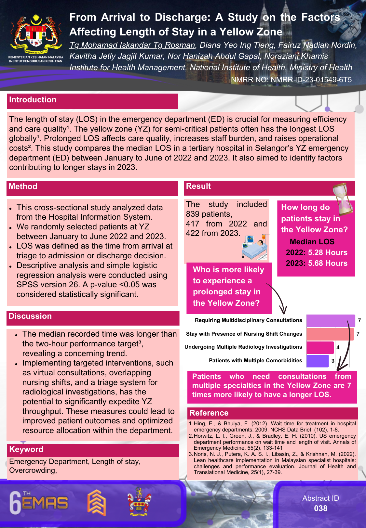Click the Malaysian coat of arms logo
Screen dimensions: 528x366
coord(36,34)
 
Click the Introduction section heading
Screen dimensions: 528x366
coord(33,100)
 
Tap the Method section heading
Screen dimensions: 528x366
coord(23,187)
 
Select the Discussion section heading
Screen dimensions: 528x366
coord(30,316)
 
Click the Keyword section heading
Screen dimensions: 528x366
coord(26,450)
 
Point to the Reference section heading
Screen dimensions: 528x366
coord(209,413)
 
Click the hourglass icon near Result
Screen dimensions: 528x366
coord(343,199)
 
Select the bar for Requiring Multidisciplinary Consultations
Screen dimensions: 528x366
coord(330,321)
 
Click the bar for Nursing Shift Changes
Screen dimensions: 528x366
coord(330,334)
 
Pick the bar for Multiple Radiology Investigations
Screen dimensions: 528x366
coord(320,347)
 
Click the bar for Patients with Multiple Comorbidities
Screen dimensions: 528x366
coord(318,361)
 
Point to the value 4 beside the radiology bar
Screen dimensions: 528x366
coord(338,348)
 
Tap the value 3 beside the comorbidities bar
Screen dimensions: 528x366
coord(333,361)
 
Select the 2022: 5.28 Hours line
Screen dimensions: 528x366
coord(317,253)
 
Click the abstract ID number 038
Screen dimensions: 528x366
coord(320,509)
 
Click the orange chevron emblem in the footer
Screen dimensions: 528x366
coord(97,503)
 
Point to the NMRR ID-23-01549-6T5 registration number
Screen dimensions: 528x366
coord(311,80)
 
